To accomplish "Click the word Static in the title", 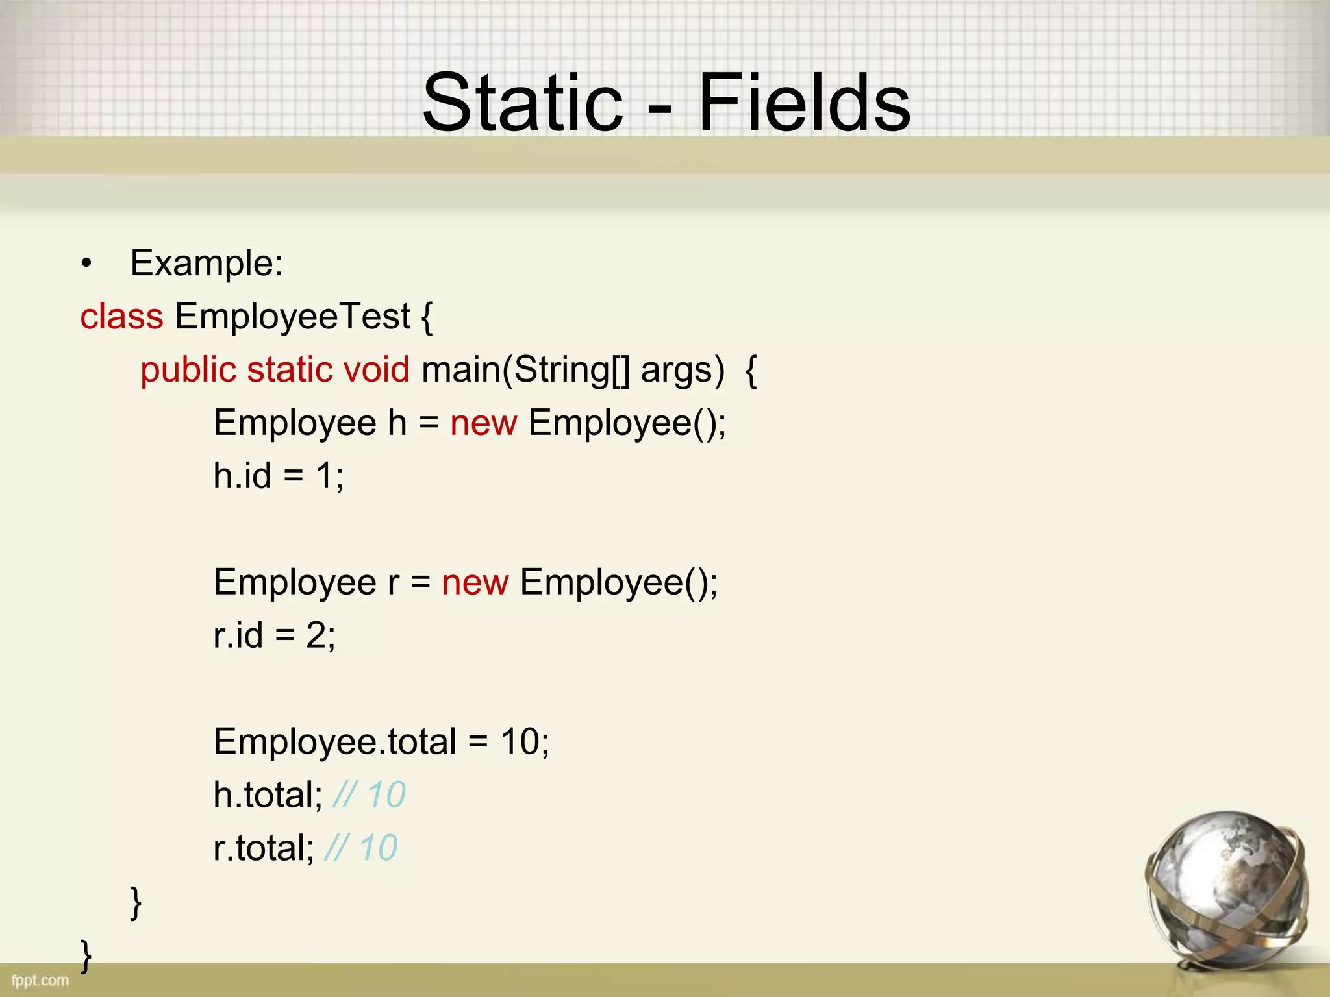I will [522, 103].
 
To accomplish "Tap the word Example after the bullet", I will [206, 263].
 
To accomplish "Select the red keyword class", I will [121, 317].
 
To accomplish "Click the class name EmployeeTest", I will [292, 317].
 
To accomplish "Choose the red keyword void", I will [377, 370].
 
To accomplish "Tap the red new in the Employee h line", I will [484, 423].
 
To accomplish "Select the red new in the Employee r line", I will [475, 582].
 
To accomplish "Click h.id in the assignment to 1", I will [242, 476].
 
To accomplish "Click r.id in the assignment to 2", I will [238, 635].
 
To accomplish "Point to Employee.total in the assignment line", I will [334, 741].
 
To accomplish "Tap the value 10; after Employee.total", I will [525, 741].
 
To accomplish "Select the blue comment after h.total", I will [369, 794].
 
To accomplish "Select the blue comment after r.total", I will [361, 848].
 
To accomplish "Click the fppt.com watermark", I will [40, 980].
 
